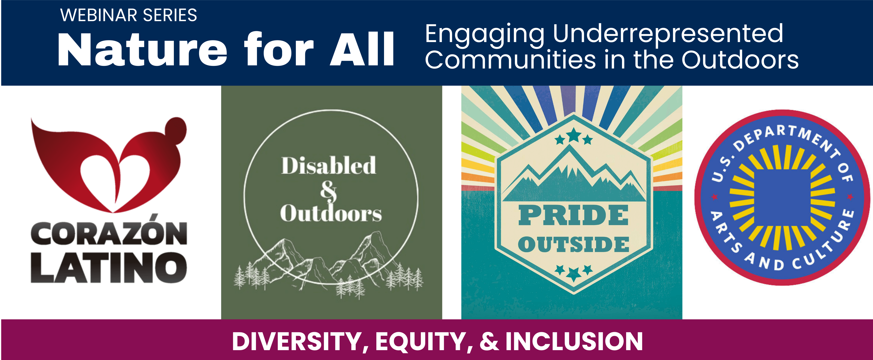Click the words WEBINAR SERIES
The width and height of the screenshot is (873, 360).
coord(128,15)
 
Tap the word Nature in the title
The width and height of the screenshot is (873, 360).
coord(142,50)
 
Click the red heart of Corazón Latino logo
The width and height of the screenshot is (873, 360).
coord(109,165)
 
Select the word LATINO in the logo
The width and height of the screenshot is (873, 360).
coord(109,267)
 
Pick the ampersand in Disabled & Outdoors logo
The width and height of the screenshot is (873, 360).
coord(328,191)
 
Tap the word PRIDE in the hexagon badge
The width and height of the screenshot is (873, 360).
coord(574,215)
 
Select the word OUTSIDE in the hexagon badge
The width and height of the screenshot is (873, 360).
coord(574,244)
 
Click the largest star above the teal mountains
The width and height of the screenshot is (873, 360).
coord(574,135)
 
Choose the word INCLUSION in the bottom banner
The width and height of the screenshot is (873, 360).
coord(574,341)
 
